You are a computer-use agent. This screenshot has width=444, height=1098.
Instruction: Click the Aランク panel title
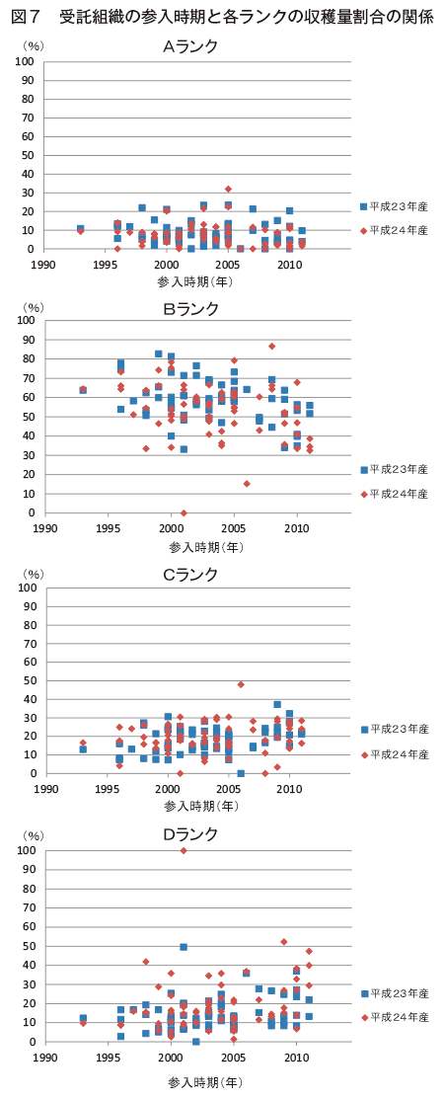click(190, 46)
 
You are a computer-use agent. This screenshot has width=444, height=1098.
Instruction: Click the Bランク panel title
click(190, 309)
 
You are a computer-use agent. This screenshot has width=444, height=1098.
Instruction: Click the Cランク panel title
click(190, 575)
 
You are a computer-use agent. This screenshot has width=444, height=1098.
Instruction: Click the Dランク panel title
click(190, 834)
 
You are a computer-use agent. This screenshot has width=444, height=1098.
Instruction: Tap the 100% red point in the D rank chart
click(184, 850)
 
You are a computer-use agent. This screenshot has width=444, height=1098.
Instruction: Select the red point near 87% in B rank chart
click(271, 346)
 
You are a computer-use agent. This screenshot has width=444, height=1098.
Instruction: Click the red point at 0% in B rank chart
click(184, 512)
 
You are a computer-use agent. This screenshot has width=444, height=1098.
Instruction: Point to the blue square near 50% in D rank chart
click(184, 947)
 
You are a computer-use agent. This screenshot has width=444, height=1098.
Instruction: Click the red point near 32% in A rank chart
click(228, 189)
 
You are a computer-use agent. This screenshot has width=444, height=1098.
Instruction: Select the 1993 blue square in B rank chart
click(83, 390)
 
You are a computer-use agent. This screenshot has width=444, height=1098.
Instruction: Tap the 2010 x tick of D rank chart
click(296, 1051)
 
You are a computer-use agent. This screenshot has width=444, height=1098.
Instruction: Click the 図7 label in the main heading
click(26, 18)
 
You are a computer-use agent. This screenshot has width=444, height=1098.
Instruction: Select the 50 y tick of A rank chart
click(30, 155)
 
